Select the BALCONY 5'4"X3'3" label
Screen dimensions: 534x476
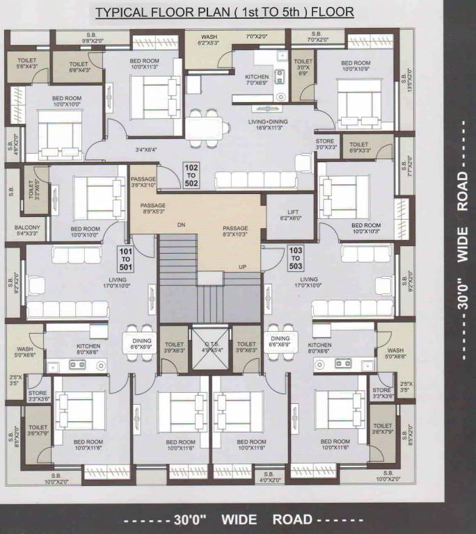pyautogui.click(x=27, y=231)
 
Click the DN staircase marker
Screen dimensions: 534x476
pyautogui.click(x=181, y=225)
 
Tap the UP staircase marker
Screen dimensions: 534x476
pyautogui.click(x=242, y=267)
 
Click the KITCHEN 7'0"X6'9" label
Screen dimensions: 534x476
pyautogui.click(x=256, y=79)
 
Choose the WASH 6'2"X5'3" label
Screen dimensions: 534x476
pyautogui.click(x=208, y=40)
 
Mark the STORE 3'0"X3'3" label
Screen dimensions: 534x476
pyautogui.click(x=325, y=144)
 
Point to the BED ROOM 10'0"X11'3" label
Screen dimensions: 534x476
pyautogui.click(x=144, y=65)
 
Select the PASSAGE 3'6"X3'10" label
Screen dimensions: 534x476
pyautogui.click(x=143, y=183)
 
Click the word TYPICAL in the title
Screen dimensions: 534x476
pyautogui.click(x=119, y=13)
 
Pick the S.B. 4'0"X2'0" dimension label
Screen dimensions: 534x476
pyautogui.click(x=270, y=476)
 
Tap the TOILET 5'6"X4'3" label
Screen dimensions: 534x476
pyautogui.click(x=26, y=63)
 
